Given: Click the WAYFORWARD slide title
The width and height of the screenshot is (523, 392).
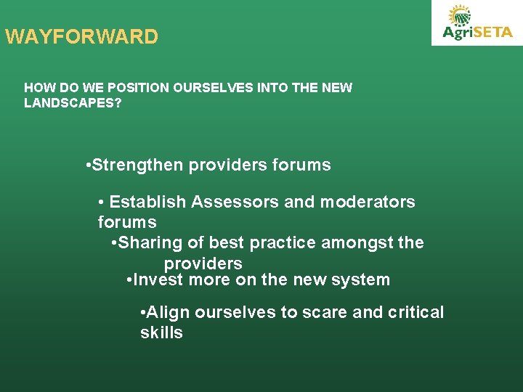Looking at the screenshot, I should coord(81,37).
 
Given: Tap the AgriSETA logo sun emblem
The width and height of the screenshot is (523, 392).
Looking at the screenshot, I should coord(459,15).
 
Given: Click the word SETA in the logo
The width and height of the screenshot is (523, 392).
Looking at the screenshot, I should coord(493,33).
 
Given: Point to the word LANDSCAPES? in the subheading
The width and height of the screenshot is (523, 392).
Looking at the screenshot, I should coord(73,104).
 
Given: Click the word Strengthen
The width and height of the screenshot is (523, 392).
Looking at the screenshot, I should coord(138,166).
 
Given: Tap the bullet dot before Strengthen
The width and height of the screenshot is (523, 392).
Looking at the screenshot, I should coord(87,166).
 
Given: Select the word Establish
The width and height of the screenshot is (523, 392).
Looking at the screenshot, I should coord(148,202).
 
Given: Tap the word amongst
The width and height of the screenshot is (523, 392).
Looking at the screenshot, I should coord(355,242).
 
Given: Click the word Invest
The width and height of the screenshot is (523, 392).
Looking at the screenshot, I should coord(158,279).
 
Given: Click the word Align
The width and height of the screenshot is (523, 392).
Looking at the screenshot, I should coord(168,313).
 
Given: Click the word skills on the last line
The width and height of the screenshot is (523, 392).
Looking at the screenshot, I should coord(161,333).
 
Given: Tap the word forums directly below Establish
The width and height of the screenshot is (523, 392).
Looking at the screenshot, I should coord(127,221).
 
